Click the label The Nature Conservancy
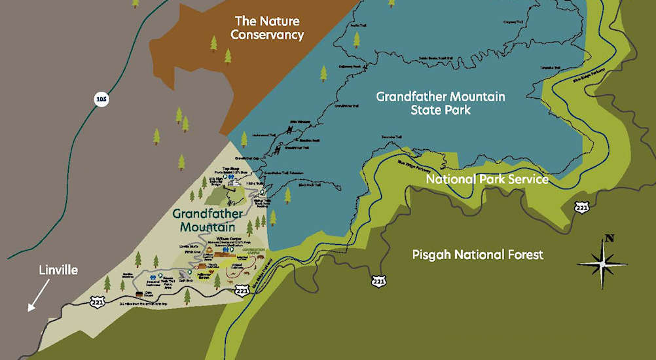269,28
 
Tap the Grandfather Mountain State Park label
441,103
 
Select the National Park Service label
487,179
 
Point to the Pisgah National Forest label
478,255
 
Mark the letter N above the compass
610,238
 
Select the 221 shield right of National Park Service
581,207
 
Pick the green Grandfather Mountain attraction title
209,220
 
